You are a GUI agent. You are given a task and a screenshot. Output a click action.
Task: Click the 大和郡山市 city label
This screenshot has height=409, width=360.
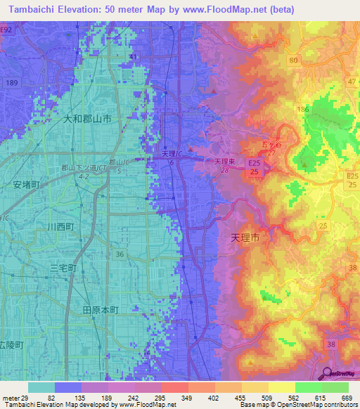(x=87, y=120)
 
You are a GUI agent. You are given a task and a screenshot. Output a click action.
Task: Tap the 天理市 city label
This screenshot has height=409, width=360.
(x=245, y=238)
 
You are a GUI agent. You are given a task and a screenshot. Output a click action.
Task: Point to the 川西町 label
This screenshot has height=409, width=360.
(x=60, y=226)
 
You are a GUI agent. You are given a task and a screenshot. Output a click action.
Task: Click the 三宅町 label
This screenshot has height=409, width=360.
(x=63, y=268)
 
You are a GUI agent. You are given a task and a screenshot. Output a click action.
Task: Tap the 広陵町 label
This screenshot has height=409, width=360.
(x=11, y=345)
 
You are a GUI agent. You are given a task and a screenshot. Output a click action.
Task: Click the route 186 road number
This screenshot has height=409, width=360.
(x=303, y=110)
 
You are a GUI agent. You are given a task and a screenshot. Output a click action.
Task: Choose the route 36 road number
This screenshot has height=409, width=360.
(x=120, y=254)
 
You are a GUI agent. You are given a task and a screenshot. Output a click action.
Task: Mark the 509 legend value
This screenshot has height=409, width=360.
(x=268, y=398)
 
